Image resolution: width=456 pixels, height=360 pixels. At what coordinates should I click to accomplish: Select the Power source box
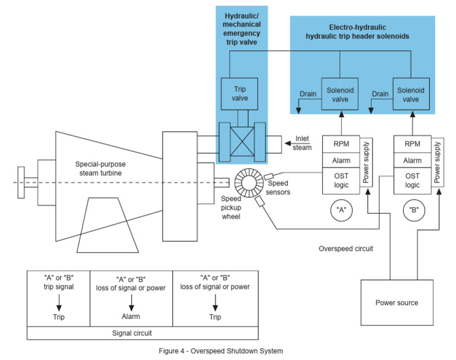(397, 302)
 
